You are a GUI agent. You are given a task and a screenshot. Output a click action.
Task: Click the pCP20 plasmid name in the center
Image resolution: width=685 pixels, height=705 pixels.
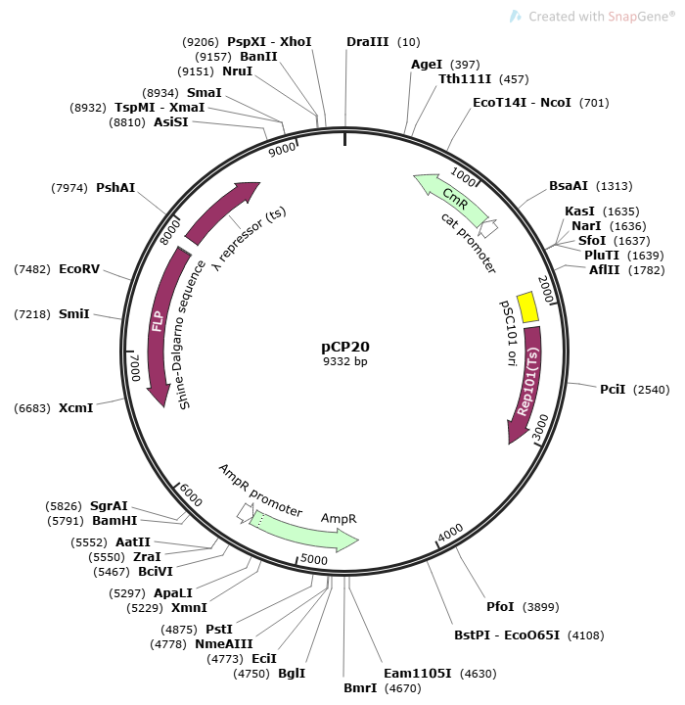click(x=345, y=346)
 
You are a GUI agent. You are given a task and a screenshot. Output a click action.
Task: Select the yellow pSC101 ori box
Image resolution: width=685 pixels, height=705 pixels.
click(x=527, y=306)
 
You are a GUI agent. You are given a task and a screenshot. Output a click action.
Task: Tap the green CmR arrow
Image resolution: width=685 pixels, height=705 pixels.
click(x=452, y=199)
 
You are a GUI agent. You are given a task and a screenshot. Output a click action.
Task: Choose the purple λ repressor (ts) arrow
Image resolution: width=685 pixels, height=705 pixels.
click(x=221, y=211)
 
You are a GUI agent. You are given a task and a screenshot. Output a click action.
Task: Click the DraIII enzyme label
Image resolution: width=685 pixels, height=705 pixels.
click(x=368, y=42)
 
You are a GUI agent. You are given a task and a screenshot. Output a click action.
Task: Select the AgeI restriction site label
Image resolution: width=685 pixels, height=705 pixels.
click(x=427, y=65)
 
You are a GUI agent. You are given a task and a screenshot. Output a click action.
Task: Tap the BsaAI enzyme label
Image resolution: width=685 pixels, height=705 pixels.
click(x=569, y=185)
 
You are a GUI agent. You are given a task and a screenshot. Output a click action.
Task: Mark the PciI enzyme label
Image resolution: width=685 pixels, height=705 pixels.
click(x=613, y=389)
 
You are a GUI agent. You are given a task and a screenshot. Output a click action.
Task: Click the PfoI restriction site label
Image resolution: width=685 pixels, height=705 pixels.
click(x=500, y=607)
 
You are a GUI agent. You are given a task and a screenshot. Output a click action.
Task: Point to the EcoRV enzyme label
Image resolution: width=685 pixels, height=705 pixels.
click(x=78, y=268)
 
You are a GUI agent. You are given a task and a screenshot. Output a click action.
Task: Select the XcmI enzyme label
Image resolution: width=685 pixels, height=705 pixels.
click(x=76, y=407)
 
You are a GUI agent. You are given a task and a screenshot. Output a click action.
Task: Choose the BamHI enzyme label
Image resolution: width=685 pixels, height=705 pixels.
click(x=114, y=520)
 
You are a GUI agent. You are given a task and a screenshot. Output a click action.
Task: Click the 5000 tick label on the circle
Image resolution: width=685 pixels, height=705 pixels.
click(x=313, y=559)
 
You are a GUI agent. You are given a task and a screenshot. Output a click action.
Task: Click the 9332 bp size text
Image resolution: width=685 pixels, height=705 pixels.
click(x=345, y=361)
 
